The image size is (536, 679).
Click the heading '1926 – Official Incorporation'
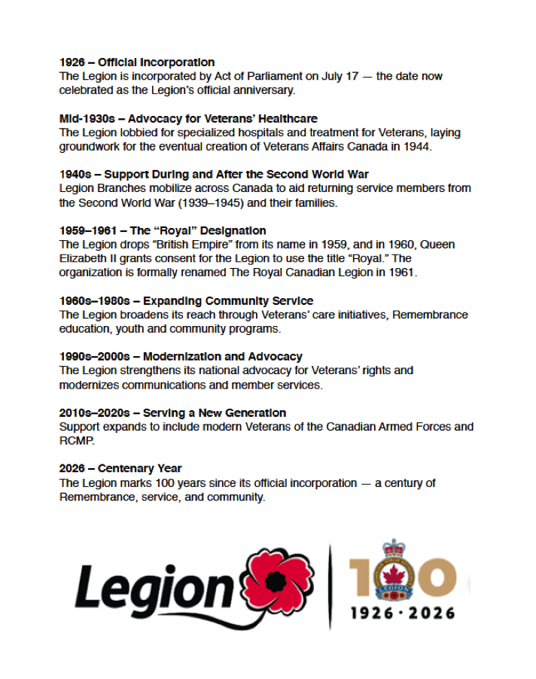137,62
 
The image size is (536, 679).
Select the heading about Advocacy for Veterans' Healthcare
188,118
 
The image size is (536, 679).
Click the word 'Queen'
437,245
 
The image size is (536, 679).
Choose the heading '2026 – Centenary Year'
120,468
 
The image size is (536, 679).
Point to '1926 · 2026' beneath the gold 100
403,613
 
